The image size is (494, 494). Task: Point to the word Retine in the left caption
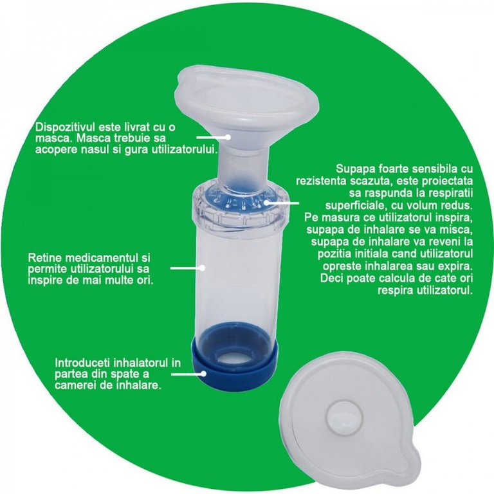click(42, 258)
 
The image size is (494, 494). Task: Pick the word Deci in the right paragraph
click(332, 279)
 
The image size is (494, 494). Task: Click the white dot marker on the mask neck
click(228, 137)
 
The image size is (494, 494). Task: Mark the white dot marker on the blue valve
click(266, 203)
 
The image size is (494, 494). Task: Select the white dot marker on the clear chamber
click(203, 268)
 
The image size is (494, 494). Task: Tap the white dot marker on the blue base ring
click(203, 374)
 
